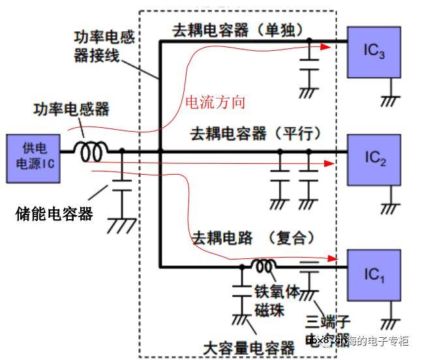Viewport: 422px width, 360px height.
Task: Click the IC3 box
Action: [x=374, y=52]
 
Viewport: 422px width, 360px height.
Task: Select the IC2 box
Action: [x=374, y=158]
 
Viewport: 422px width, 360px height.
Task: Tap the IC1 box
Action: [x=374, y=275]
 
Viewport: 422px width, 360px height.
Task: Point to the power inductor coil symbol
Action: [x=91, y=152]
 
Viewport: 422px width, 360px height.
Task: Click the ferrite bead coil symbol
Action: [x=264, y=265]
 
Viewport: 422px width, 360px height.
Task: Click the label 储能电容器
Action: [x=54, y=213]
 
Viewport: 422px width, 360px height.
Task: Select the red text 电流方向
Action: [x=215, y=102]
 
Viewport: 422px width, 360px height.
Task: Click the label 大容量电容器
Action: [x=248, y=348]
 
